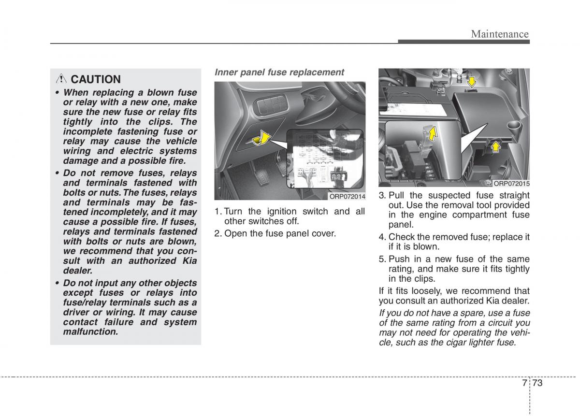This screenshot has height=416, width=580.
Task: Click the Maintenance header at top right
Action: pyautogui.click(x=500, y=34)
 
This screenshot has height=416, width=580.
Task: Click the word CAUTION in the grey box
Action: pyautogui.click(x=96, y=79)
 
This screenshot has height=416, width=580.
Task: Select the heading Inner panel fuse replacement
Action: pyautogui.click(x=279, y=72)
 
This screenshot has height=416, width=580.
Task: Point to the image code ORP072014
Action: pyautogui.click(x=347, y=196)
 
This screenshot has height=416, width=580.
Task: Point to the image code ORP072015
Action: pyautogui.click(x=511, y=184)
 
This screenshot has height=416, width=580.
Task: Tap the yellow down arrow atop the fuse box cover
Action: pyautogui.click(x=471, y=83)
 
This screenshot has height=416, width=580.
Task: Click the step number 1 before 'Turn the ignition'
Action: pyautogui.click(x=217, y=212)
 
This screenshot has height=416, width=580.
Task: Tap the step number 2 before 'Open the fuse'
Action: pyautogui.click(x=217, y=233)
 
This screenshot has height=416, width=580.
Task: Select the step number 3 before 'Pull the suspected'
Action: pyautogui.click(x=381, y=195)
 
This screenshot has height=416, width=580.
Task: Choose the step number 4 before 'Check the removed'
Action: pyautogui.click(x=381, y=237)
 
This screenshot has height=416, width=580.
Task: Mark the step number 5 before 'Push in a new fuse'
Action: pyautogui.click(x=381, y=259)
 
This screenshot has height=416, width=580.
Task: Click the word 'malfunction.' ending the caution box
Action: pyautogui.click(x=90, y=332)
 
